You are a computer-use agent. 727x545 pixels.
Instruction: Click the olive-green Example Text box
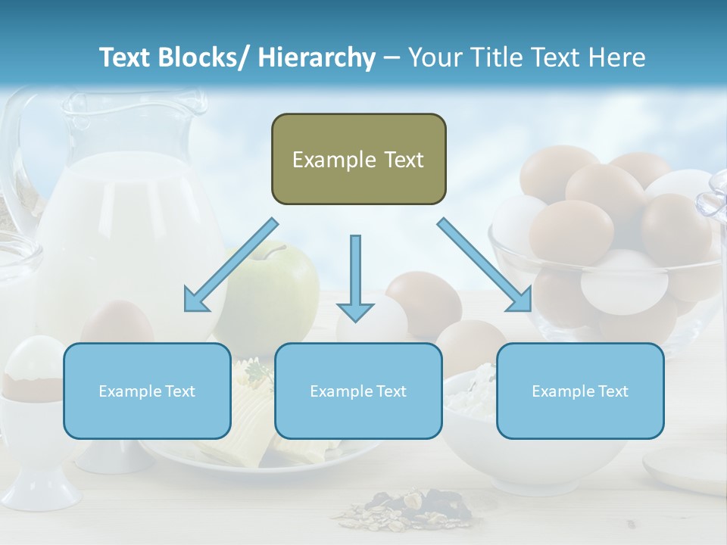pos(358,159)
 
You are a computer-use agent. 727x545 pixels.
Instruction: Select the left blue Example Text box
pos(147,391)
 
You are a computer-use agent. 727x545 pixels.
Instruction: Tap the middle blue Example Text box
pos(358,391)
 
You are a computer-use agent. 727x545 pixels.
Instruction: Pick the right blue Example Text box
pos(580,391)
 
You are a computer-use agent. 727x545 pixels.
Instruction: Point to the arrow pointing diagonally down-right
pos(485,266)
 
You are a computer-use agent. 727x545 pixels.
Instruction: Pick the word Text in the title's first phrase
pos(126,58)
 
